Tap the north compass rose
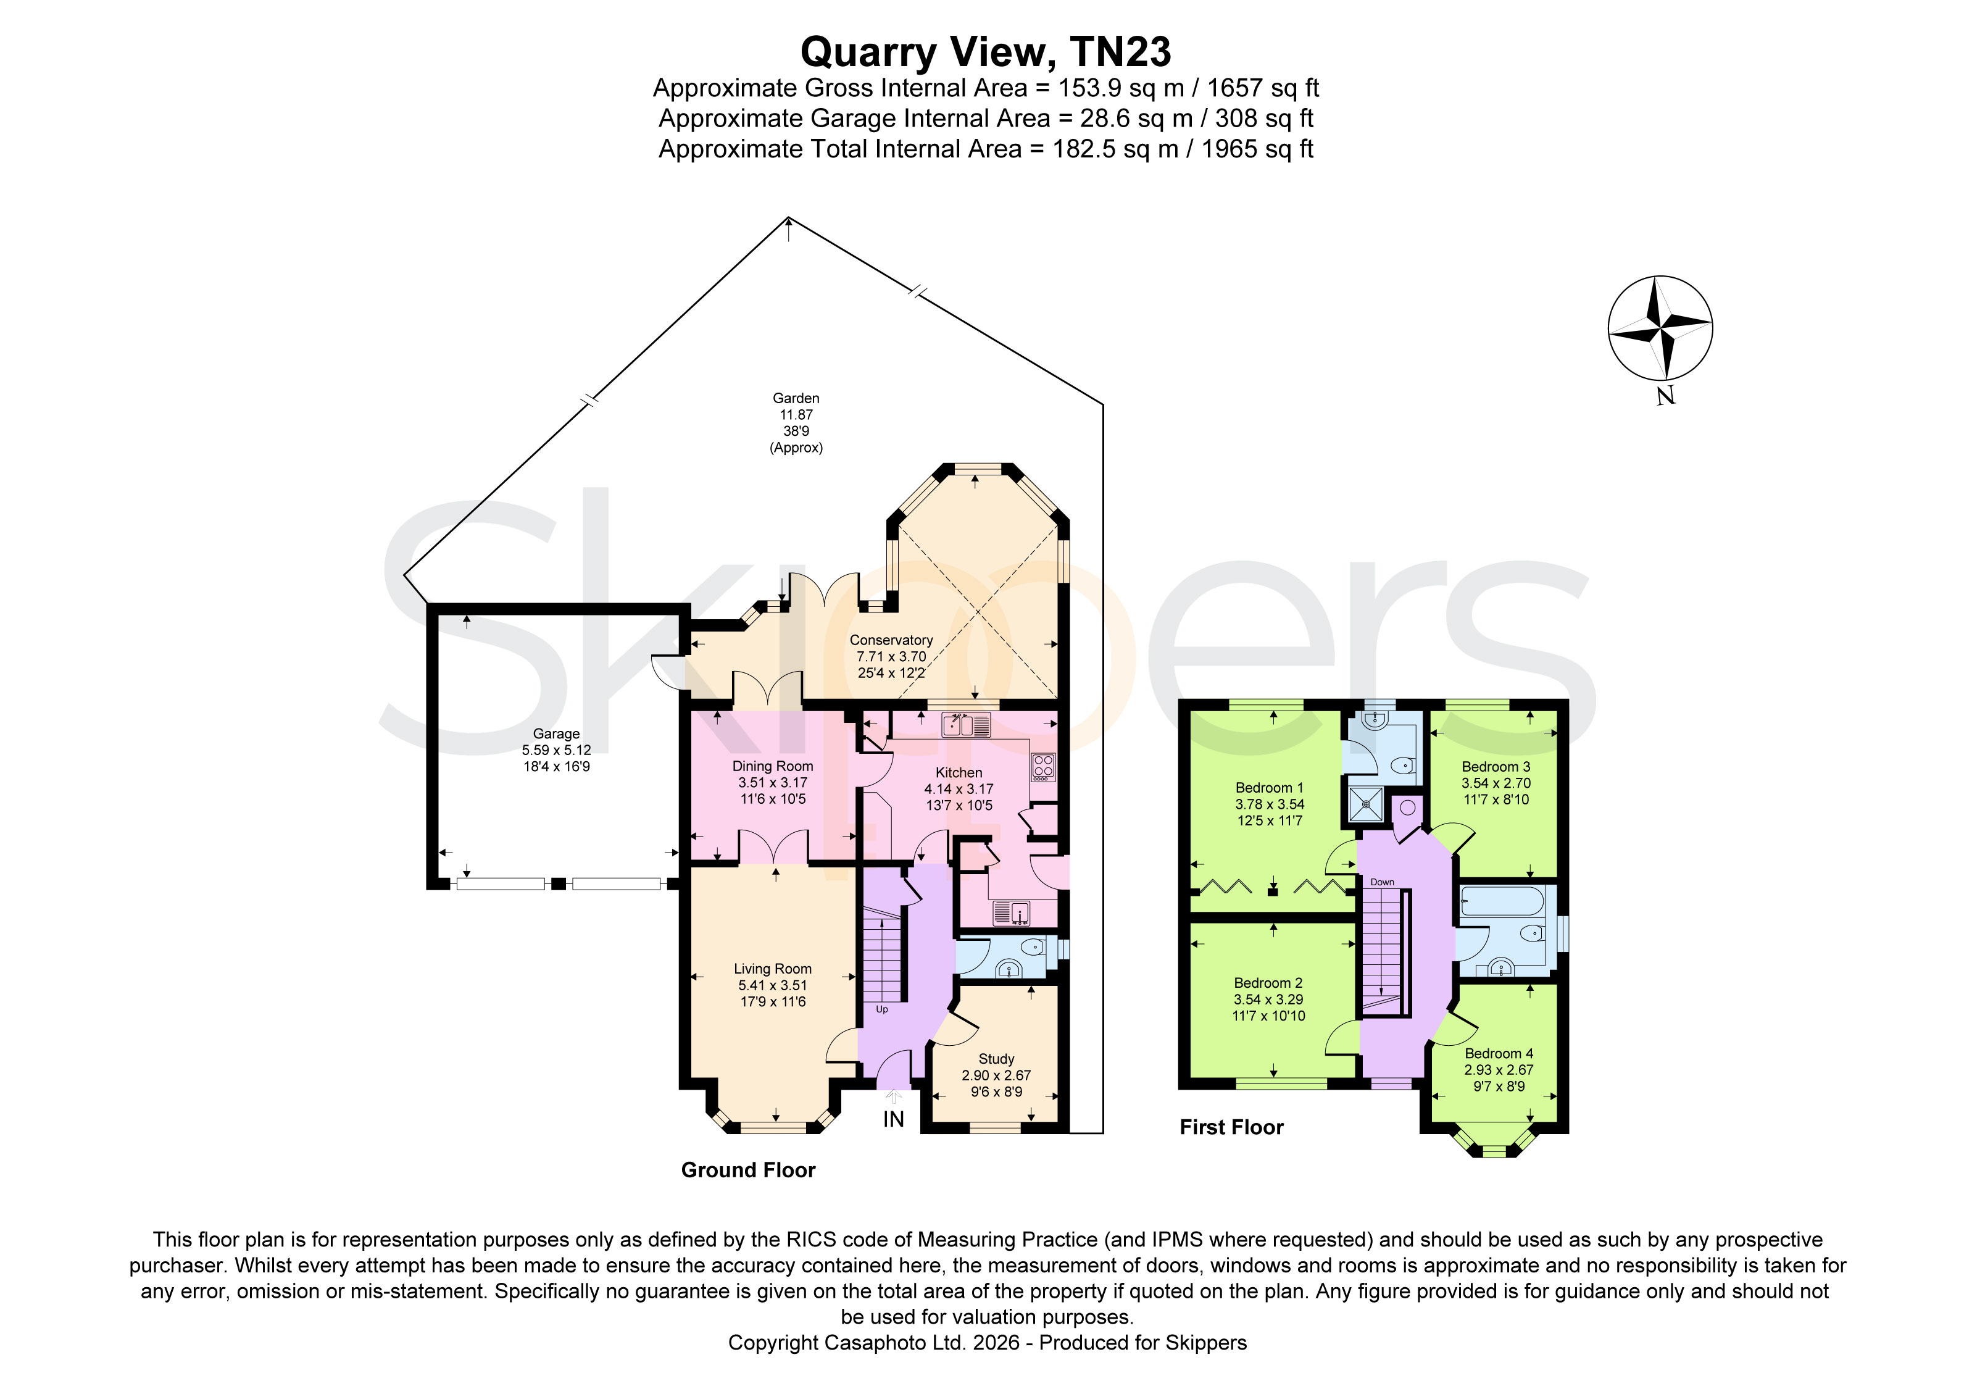click(1660, 328)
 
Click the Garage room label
click(557, 733)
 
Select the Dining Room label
click(772, 766)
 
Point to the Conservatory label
click(891, 640)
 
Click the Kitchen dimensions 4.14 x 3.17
click(959, 788)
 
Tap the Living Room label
click(772, 969)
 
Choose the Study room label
click(996, 1059)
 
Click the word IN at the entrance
click(893, 1119)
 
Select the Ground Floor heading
click(748, 1170)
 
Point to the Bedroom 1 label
click(1270, 788)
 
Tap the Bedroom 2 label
click(1268, 983)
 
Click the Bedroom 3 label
click(1496, 766)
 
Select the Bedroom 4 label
click(1499, 1053)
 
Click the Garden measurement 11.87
click(796, 415)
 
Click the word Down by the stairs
click(1382, 882)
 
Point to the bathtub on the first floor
click(1502, 902)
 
